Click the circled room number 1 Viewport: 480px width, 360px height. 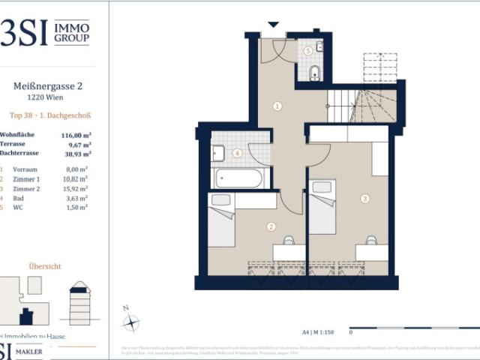point(277,106)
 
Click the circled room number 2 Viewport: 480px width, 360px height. point(271,226)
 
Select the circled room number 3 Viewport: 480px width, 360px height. point(364,199)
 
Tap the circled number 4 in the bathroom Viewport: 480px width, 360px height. point(237,153)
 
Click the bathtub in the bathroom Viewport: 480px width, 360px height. point(238,178)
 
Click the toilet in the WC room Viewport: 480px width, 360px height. point(315,73)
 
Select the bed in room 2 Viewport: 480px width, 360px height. point(222,221)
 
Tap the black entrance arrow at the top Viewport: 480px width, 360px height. point(273,25)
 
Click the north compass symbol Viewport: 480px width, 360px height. point(131,322)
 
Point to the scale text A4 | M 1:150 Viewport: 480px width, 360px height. point(318,330)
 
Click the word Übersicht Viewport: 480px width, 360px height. point(45,265)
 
